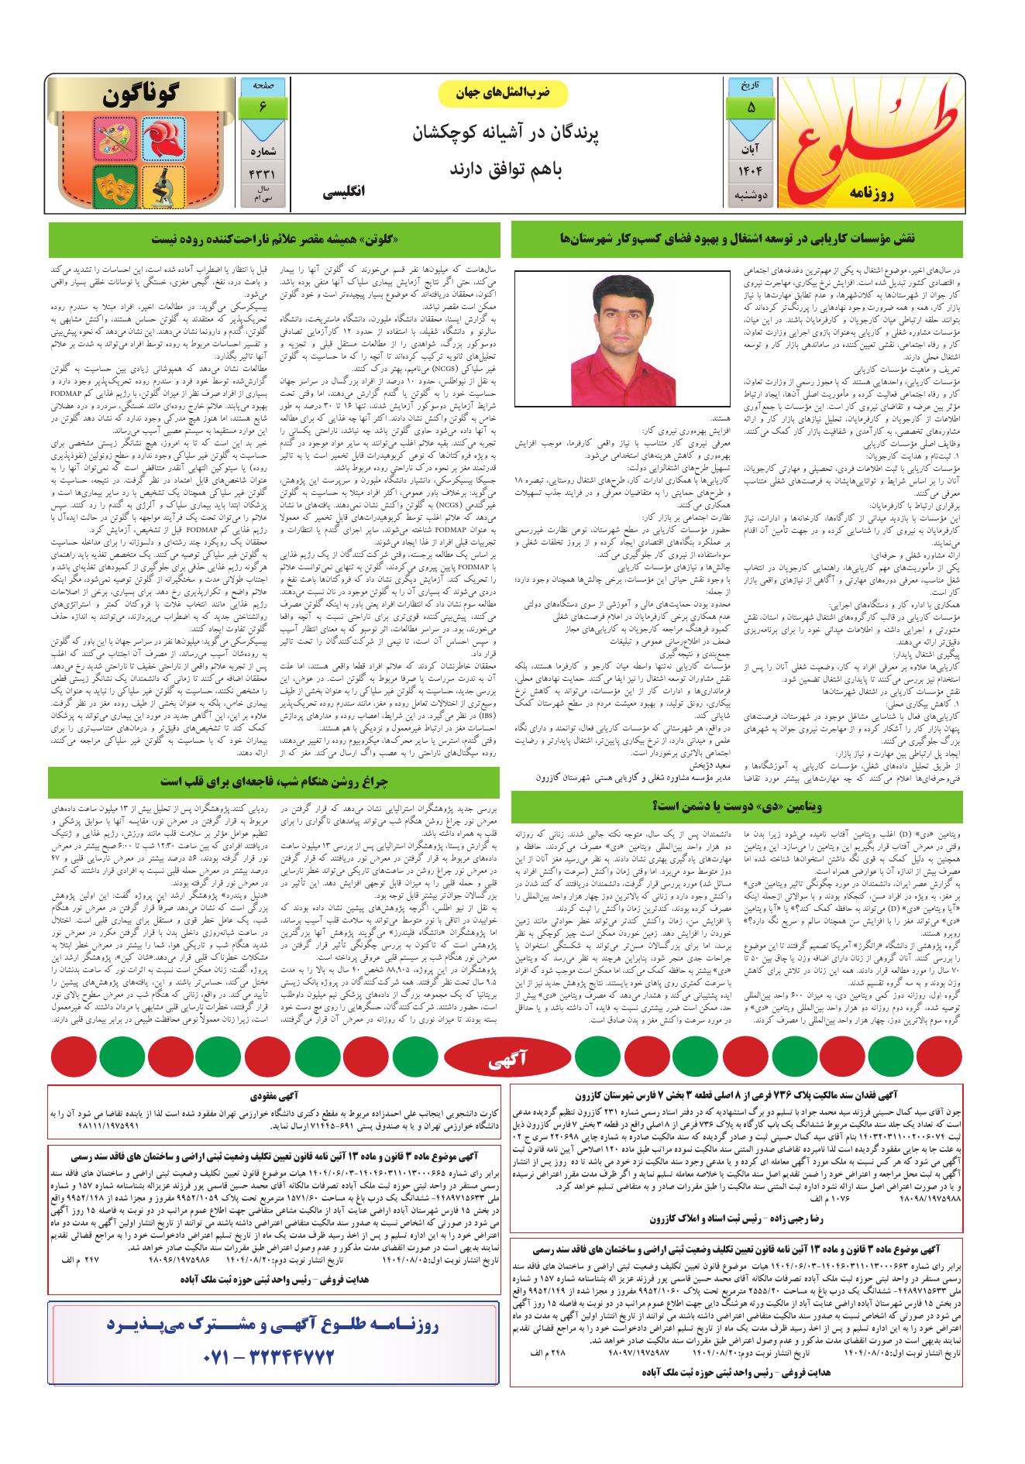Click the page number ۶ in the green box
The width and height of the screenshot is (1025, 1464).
[x=263, y=107]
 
